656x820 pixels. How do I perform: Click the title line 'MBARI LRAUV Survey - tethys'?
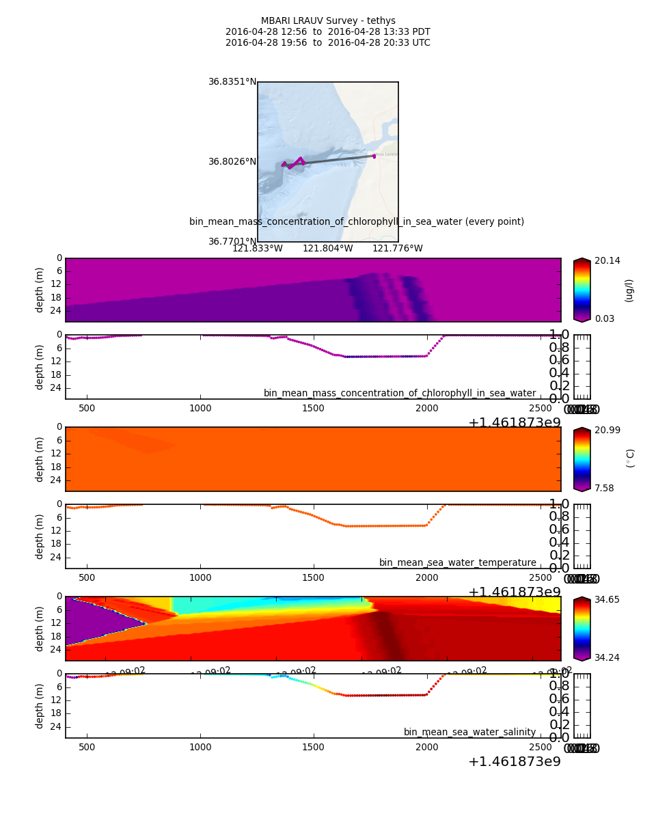tap(328, 21)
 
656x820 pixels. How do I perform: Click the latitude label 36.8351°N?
tap(232, 82)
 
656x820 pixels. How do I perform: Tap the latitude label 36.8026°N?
tap(232, 162)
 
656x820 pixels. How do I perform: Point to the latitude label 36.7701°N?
tap(232, 242)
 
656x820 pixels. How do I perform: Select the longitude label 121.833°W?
tap(257, 249)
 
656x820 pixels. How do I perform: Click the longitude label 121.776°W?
tap(397, 249)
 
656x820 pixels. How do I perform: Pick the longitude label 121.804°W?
tap(327, 249)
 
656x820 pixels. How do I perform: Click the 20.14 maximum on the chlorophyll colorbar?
tap(607, 261)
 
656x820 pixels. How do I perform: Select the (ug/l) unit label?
tap(629, 290)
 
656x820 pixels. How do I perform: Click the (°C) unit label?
tap(630, 459)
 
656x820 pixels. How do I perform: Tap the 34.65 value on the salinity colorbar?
tap(607, 599)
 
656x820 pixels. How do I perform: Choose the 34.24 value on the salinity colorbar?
tap(607, 657)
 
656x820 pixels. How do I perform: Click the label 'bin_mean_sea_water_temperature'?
tap(457, 563)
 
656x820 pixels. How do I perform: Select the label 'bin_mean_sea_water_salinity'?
tap(469, 733)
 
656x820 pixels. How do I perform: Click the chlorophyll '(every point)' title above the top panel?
tap(357, 222)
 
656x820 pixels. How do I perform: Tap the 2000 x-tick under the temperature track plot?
tap(426, 578)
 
